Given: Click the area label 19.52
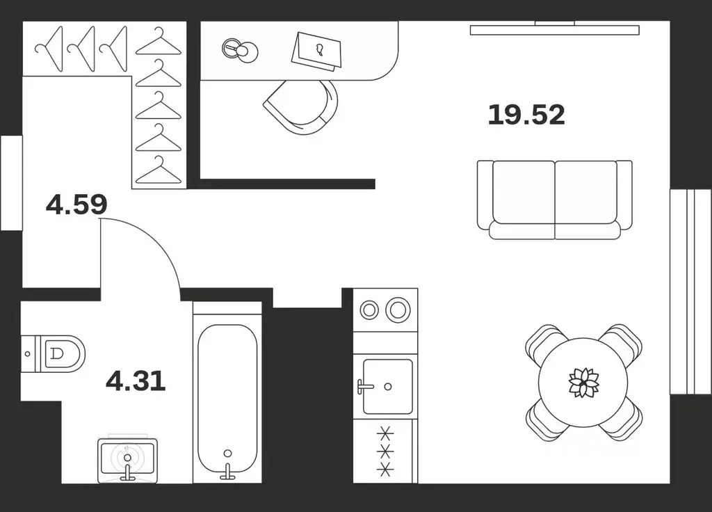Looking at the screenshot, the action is point(526,115).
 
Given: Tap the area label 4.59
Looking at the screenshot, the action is point(76,205).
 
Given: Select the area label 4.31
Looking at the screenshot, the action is point(136,381).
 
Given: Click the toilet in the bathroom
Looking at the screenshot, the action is point(53,354).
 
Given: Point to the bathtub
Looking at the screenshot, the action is point(227,392).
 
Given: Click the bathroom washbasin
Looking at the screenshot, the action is point(128,460).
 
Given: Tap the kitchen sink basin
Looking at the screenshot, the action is point(388,387).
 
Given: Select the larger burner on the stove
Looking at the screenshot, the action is point(398,310).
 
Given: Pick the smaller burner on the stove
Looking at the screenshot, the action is point(369,310).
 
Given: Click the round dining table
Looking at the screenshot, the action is point(583,383).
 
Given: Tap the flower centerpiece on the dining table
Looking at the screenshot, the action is point(583,382).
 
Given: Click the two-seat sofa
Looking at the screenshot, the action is point(554,200).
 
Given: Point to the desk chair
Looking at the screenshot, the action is point(302,107).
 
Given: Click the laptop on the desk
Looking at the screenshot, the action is point(316,51).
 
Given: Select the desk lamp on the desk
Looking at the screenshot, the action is point(240,50).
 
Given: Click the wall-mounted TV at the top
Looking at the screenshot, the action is point(554,29).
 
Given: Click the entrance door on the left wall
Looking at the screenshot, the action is point(11,183).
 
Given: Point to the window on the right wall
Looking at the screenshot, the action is point(690,291).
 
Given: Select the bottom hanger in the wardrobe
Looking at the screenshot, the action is point(159,170).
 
